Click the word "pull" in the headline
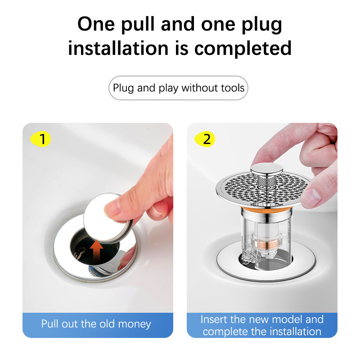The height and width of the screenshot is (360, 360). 138,24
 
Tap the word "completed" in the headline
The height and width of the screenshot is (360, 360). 243,48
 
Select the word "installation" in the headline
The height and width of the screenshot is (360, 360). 118,48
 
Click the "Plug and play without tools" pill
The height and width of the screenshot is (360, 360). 178,88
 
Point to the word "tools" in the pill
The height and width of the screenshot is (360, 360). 233,88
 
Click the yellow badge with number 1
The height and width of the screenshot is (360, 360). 40,139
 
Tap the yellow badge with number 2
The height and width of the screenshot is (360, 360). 205,139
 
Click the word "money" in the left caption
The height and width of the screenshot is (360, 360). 135,324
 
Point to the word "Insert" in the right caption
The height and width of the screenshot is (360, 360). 214,319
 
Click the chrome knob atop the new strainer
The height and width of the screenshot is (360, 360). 266,169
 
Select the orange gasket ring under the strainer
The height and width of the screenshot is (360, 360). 266,209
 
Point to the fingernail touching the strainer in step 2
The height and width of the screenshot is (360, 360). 311,197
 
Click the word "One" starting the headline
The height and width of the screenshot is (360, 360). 96,24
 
